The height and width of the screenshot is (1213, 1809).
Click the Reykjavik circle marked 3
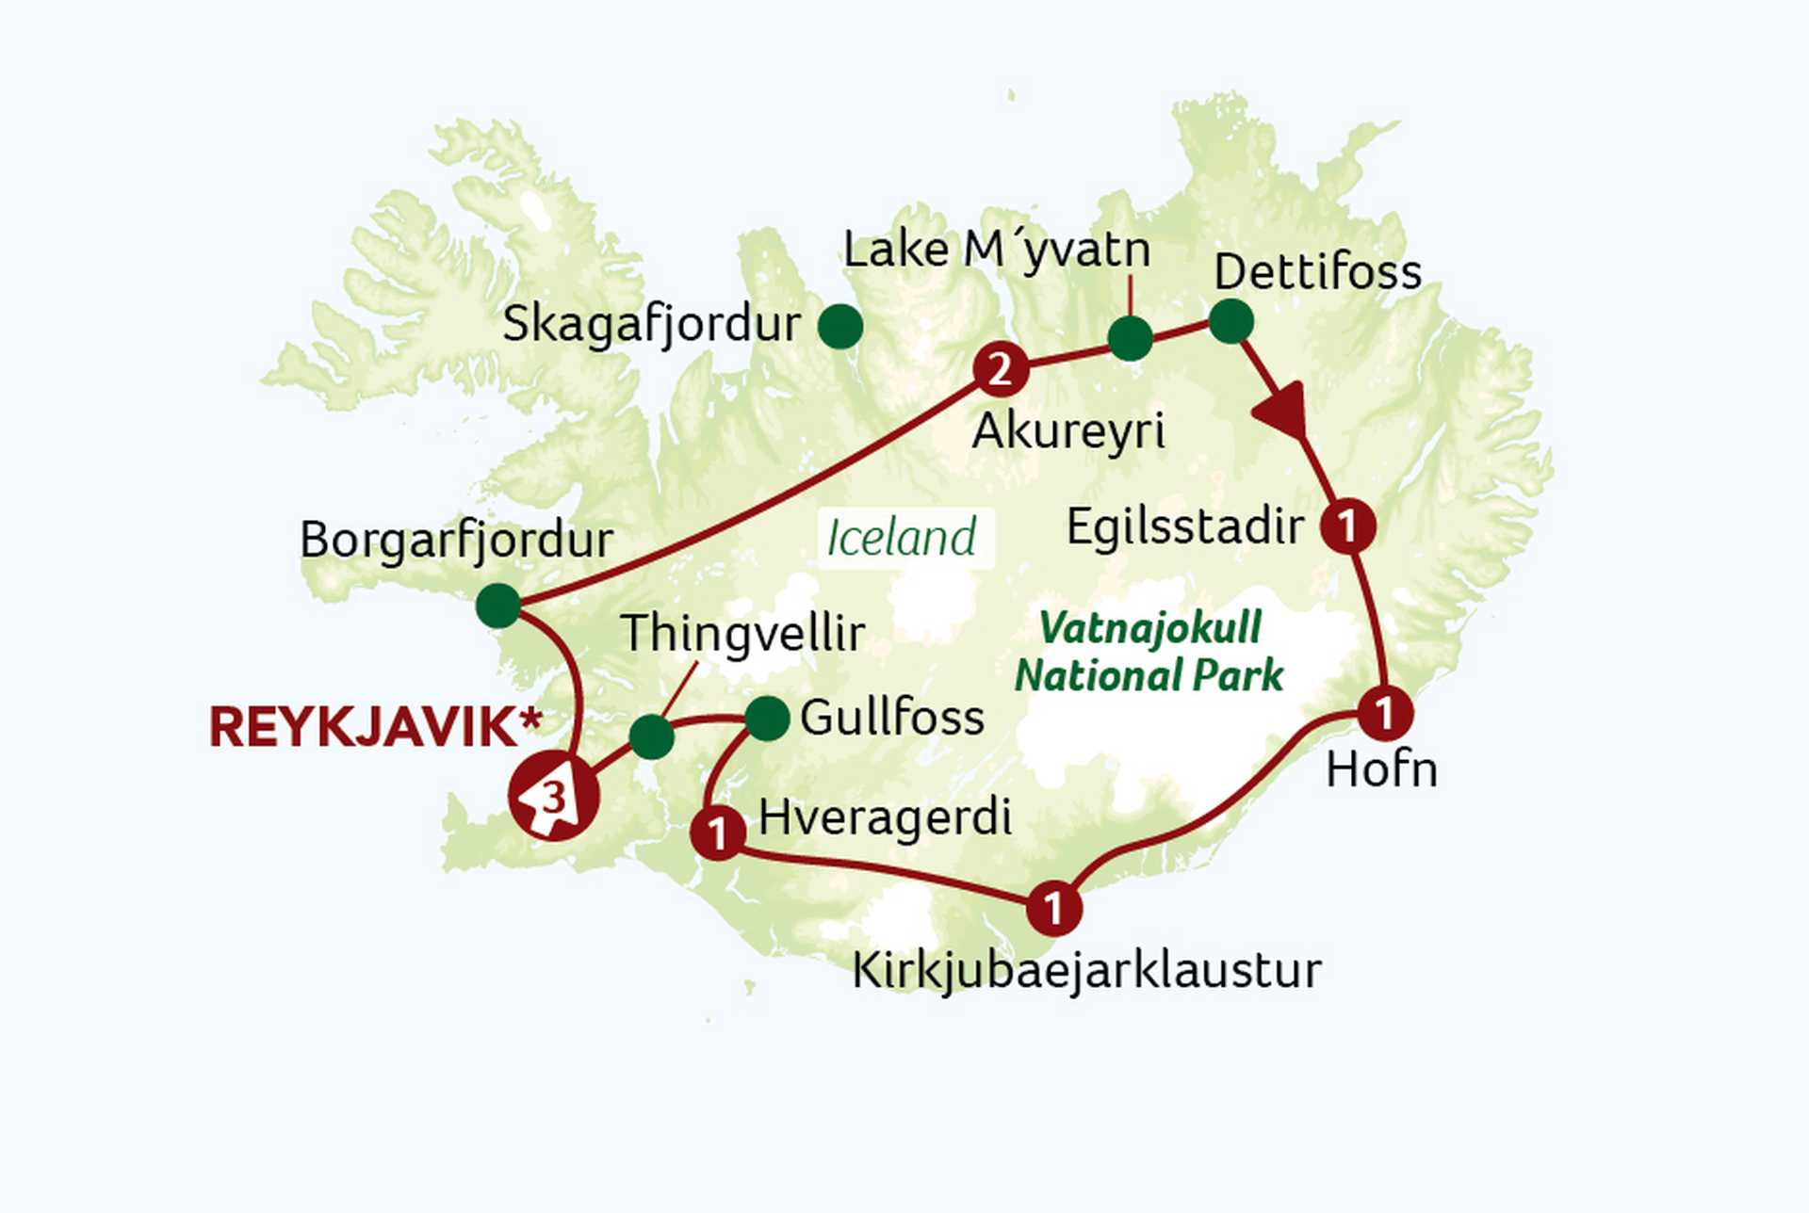pyautogui.click(x=553, y=797)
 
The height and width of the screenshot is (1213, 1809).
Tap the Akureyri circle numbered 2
pyautogui.click(x=1000, y=369)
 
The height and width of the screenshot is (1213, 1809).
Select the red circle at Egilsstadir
pyautogui.click(x=1347, y=526)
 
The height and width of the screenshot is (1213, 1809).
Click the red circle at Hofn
pyautogui.click(x=1384, y=713)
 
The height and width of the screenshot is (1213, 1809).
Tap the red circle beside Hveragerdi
pyautogui.click(x=718, y=833)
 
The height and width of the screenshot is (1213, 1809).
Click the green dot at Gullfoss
pyautogui.click(x=767, y=720)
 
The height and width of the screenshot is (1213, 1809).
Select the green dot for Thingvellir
pyautogui.click(x=651, y=736)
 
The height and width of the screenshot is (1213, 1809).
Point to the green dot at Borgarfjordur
pyautogui.click(x=497, y=605)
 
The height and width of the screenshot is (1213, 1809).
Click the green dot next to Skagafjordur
pyautogui.click(x=839, y=327)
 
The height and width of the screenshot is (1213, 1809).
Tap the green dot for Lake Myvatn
pyautogui.click(x=1130, y=338)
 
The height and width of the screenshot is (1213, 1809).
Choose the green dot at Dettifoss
pyautogui.click(x=1230, y=322)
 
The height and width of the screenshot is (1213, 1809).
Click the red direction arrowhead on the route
pyautogui.click(x=1282, y=411)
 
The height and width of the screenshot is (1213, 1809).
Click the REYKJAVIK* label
pyautogui.click(x=375, y=727)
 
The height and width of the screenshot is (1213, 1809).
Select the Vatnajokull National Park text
pyautogui.click(x=1149, y=652)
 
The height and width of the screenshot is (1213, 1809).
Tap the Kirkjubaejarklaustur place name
pyautogui.click(x=1086, y=971)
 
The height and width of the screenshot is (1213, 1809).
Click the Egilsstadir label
pyautogui.click(x=1184, y=526)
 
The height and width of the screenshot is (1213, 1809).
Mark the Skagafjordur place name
pyautogui.click(x=651, y=325)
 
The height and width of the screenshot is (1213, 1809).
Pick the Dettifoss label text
pyautogui.click(x=1317, y=272)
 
